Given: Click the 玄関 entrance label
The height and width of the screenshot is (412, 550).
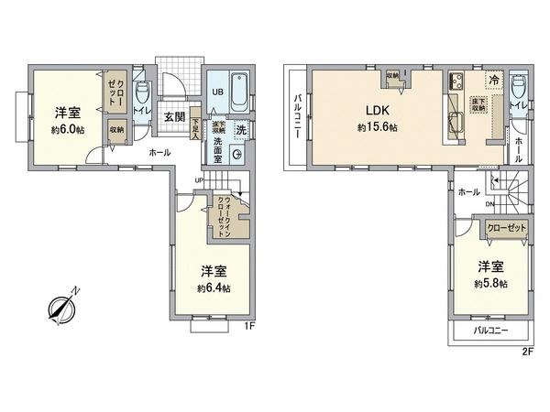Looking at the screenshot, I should pos(175,116).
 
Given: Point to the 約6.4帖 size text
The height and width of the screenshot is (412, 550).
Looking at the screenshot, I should pos(213,287).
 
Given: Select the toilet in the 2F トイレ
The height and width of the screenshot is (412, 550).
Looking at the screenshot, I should pos(519,89).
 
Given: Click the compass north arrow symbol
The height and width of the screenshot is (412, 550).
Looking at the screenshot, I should pos(61,309).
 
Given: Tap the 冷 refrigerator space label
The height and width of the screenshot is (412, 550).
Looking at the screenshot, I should pos(493,79).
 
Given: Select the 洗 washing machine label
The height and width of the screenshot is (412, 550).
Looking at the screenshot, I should pos(240,129).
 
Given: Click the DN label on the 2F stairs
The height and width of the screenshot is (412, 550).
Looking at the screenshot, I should pos(491,203).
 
